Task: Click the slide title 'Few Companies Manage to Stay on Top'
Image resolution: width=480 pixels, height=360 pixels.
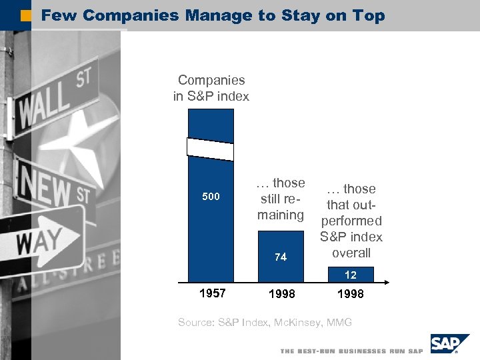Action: click(213, 15)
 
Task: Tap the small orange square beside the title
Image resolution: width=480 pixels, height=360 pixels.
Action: click(26, 15)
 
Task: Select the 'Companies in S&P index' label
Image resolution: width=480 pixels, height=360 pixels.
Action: click(211, 88)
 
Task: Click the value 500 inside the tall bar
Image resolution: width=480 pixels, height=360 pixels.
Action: click(211, 197)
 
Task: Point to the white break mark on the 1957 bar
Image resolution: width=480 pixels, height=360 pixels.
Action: click(211, 149)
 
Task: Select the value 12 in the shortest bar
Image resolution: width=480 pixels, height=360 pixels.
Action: click(351, 275)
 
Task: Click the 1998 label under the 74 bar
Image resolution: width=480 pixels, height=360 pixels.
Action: click(281, 294)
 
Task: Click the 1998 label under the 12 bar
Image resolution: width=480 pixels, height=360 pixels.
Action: click(351, 294)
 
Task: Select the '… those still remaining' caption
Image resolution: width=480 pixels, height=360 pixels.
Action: click(281, 199)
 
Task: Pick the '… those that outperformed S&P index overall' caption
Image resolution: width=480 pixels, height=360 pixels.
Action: click(351, 221)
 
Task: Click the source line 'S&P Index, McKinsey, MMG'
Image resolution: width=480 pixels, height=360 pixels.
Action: click(265, 323)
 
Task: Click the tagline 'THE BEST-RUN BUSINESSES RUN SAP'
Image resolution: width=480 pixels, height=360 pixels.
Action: click(351, 351)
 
